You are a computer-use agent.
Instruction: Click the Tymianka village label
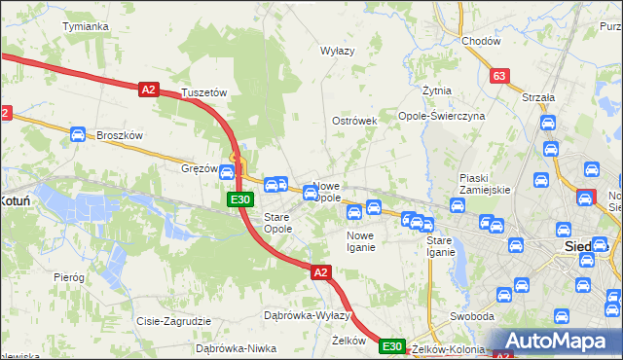[x=85, y=26]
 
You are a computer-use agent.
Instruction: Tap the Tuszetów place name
[x=203, y=93]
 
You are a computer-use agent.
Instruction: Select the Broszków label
[x=120, y=136]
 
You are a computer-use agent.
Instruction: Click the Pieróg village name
[x=69, y=277]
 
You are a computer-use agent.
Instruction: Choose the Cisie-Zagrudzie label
[x=174, y=320]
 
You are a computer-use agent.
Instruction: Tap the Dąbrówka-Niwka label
[x=231, y=347]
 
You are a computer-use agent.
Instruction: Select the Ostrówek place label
[x=354, y=121]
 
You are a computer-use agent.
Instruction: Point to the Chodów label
[x=481, y=41]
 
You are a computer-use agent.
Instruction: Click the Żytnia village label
[x=437, y=90]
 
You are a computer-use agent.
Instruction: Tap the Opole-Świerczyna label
[x=441, y=116]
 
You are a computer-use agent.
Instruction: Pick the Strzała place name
[x=537, y=97]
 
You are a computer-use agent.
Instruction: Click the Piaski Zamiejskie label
[x=485, y=184]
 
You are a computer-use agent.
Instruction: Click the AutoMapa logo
[x=557, y=342]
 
